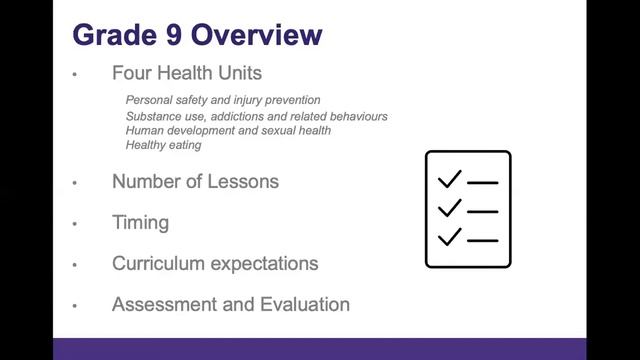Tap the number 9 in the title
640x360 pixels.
pyautogui.click(x=168, y=35)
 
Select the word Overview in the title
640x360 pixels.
pyautogui.click(x=256, y=35)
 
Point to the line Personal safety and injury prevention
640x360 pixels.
pyautogui.click(x=223, y=100)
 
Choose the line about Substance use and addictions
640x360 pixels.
pyautogui.click(x=256, y=116)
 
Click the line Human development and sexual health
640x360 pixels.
pyautogui.click(x=228, y=131)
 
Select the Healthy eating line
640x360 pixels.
pyautogui.click(x=163, y=146)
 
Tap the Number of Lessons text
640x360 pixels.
pyautogui.click(x=195, y=182)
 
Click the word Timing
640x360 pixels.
pyautogui.click(x=140, y=223)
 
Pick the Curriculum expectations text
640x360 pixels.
pyautogui.click(x=215, y=264)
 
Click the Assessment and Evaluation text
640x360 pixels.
pyautogui.click(x=231, y=305)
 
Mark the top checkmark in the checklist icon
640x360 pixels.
pyautogui.click(x=450, y=180)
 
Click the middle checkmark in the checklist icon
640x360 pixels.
pyautogui.click(x=450, y=208)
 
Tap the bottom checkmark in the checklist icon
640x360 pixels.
pyautogui.click(x=450, y=237)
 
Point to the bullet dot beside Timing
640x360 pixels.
pyautogui.click(x=75, y=225)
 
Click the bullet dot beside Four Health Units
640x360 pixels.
pyautogui.click(x=75, y=76)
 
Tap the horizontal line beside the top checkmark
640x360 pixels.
pyautogui.click(x=483, y=183)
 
